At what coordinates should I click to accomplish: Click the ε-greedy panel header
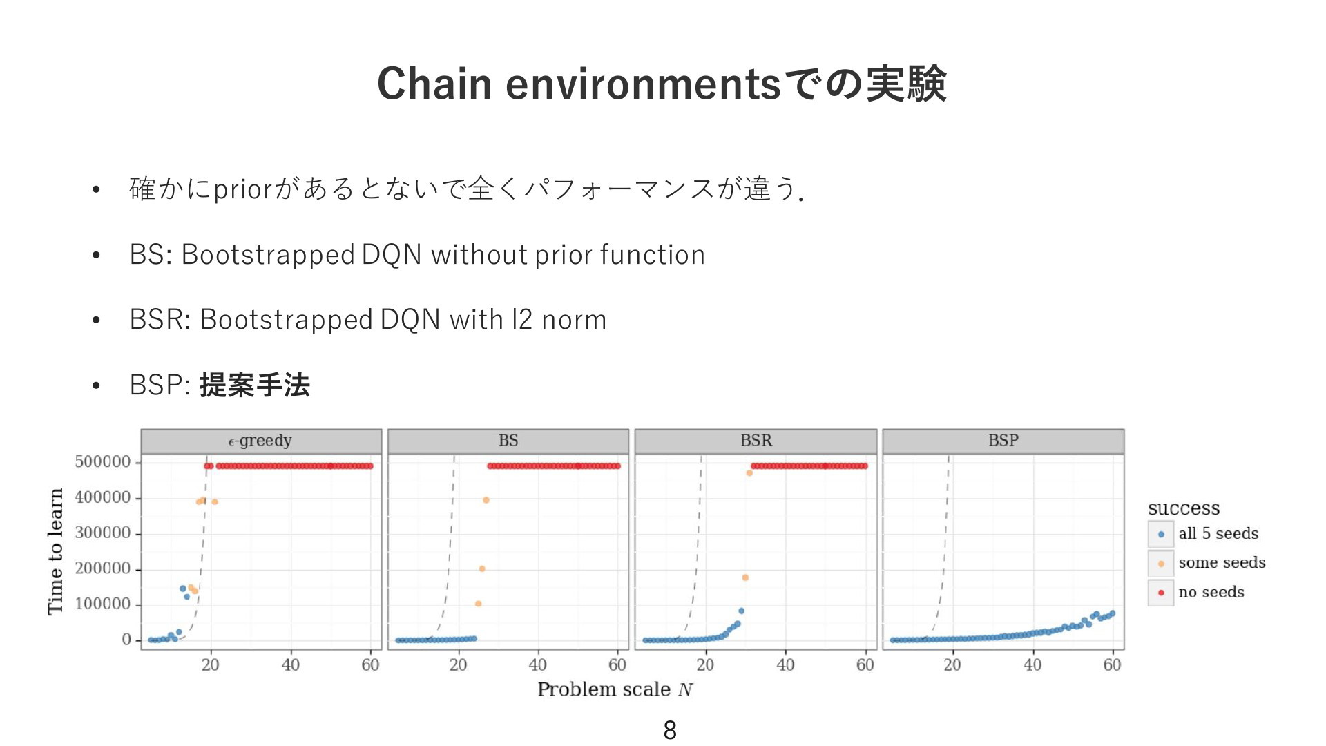[x=261, y=441]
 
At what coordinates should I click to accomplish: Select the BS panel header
[x=508, y=441]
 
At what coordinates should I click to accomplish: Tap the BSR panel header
[x=756, y=441]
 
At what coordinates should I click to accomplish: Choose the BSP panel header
[x=1003, y=441]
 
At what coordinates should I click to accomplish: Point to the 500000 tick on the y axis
[x=103, y=462]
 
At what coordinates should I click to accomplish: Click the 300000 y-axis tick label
[x=103, y=533]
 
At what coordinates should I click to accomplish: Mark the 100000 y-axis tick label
[x=103, y=604]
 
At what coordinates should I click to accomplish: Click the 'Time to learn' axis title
[x=55, y=551]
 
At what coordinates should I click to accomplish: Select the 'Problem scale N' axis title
[x=615, y=689]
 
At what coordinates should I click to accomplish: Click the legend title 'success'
[x=1184, y=508]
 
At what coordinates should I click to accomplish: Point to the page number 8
[x=670, y=730]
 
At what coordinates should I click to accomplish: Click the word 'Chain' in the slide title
[x=434, y=84]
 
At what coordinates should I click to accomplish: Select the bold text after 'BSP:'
[x=255, y=385]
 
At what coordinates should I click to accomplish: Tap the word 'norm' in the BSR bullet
[x=574, y=321]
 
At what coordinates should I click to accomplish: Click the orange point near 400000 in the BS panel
[x=486, y=500]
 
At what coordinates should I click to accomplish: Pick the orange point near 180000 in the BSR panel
[x=745, y=577]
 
